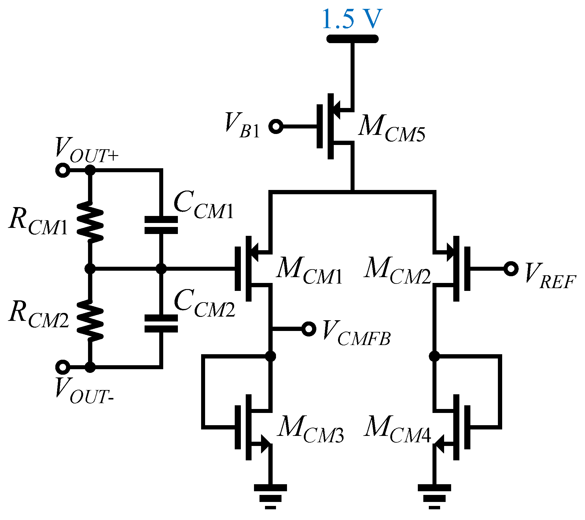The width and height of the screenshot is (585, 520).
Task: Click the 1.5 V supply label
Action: (x=352, y=19)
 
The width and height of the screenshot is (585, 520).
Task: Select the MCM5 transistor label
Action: (x=391, y=128)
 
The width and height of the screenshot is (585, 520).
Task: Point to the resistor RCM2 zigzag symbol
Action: (x=90, y=320)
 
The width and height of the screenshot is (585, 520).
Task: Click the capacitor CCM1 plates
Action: (x=161, y=225)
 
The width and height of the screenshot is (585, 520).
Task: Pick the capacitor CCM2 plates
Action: (x=161, y=323)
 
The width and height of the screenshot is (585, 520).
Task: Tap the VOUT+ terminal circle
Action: (x=63, y=170)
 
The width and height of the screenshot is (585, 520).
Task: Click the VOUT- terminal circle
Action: (x=63, y=367)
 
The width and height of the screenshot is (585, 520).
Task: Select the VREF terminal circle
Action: (x=511, y=269)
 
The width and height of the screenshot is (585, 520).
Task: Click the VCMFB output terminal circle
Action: (x=309, y=329)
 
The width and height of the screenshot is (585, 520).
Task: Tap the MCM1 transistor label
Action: (x=309, y=271)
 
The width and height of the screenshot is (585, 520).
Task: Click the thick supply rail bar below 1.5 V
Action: (x=352, y=39)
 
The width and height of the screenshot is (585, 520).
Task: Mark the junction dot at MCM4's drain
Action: (x=434, y=356)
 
